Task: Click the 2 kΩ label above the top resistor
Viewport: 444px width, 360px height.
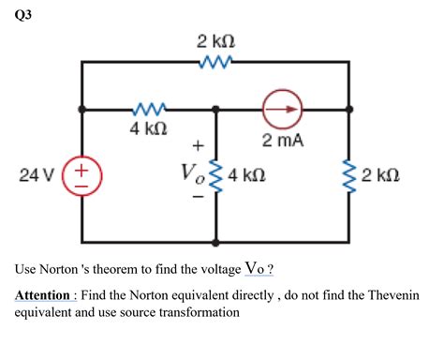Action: click(215, 42)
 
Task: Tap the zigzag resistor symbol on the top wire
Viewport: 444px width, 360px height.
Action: click(216, 64)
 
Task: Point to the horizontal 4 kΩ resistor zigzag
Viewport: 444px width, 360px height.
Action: click(149, 109)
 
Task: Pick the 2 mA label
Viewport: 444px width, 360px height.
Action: click(282, 142)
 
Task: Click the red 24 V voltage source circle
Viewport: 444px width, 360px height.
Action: click(81, 174)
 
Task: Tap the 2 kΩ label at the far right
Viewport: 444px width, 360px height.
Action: click(381, 174)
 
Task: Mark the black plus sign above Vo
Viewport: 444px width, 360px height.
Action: click(197, 145)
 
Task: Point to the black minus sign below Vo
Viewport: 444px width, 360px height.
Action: click(197, 199)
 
